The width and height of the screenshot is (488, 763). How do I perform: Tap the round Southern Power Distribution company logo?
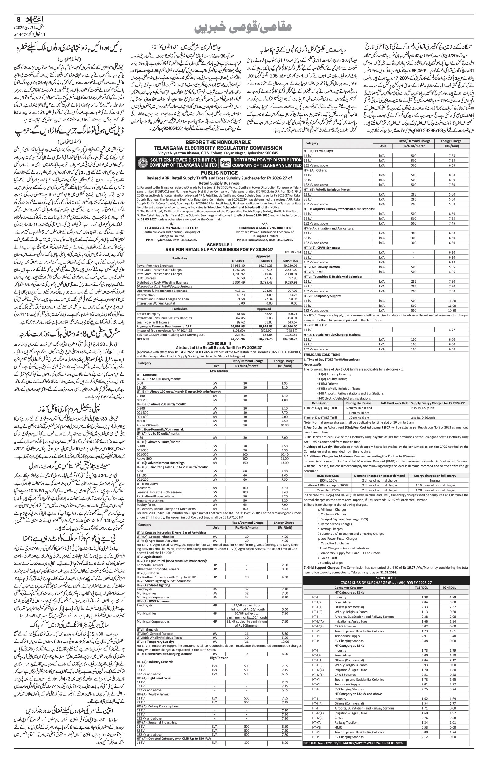(142, 163)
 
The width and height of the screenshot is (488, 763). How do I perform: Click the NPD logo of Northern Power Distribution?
(225, 163)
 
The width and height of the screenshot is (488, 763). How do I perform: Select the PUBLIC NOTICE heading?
(219, 173)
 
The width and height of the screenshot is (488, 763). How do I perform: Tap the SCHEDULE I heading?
(219, 245)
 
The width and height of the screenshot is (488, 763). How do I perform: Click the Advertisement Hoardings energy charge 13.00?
(284, 462)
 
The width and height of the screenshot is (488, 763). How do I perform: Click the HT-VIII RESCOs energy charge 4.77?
(452, 330)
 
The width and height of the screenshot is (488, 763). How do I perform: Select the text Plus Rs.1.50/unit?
(422, 408)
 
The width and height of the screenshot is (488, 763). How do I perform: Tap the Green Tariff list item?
(328, 558)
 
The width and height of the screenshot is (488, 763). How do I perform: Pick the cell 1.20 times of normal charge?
(435, 490)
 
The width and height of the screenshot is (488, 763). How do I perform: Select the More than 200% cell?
(328, 490)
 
